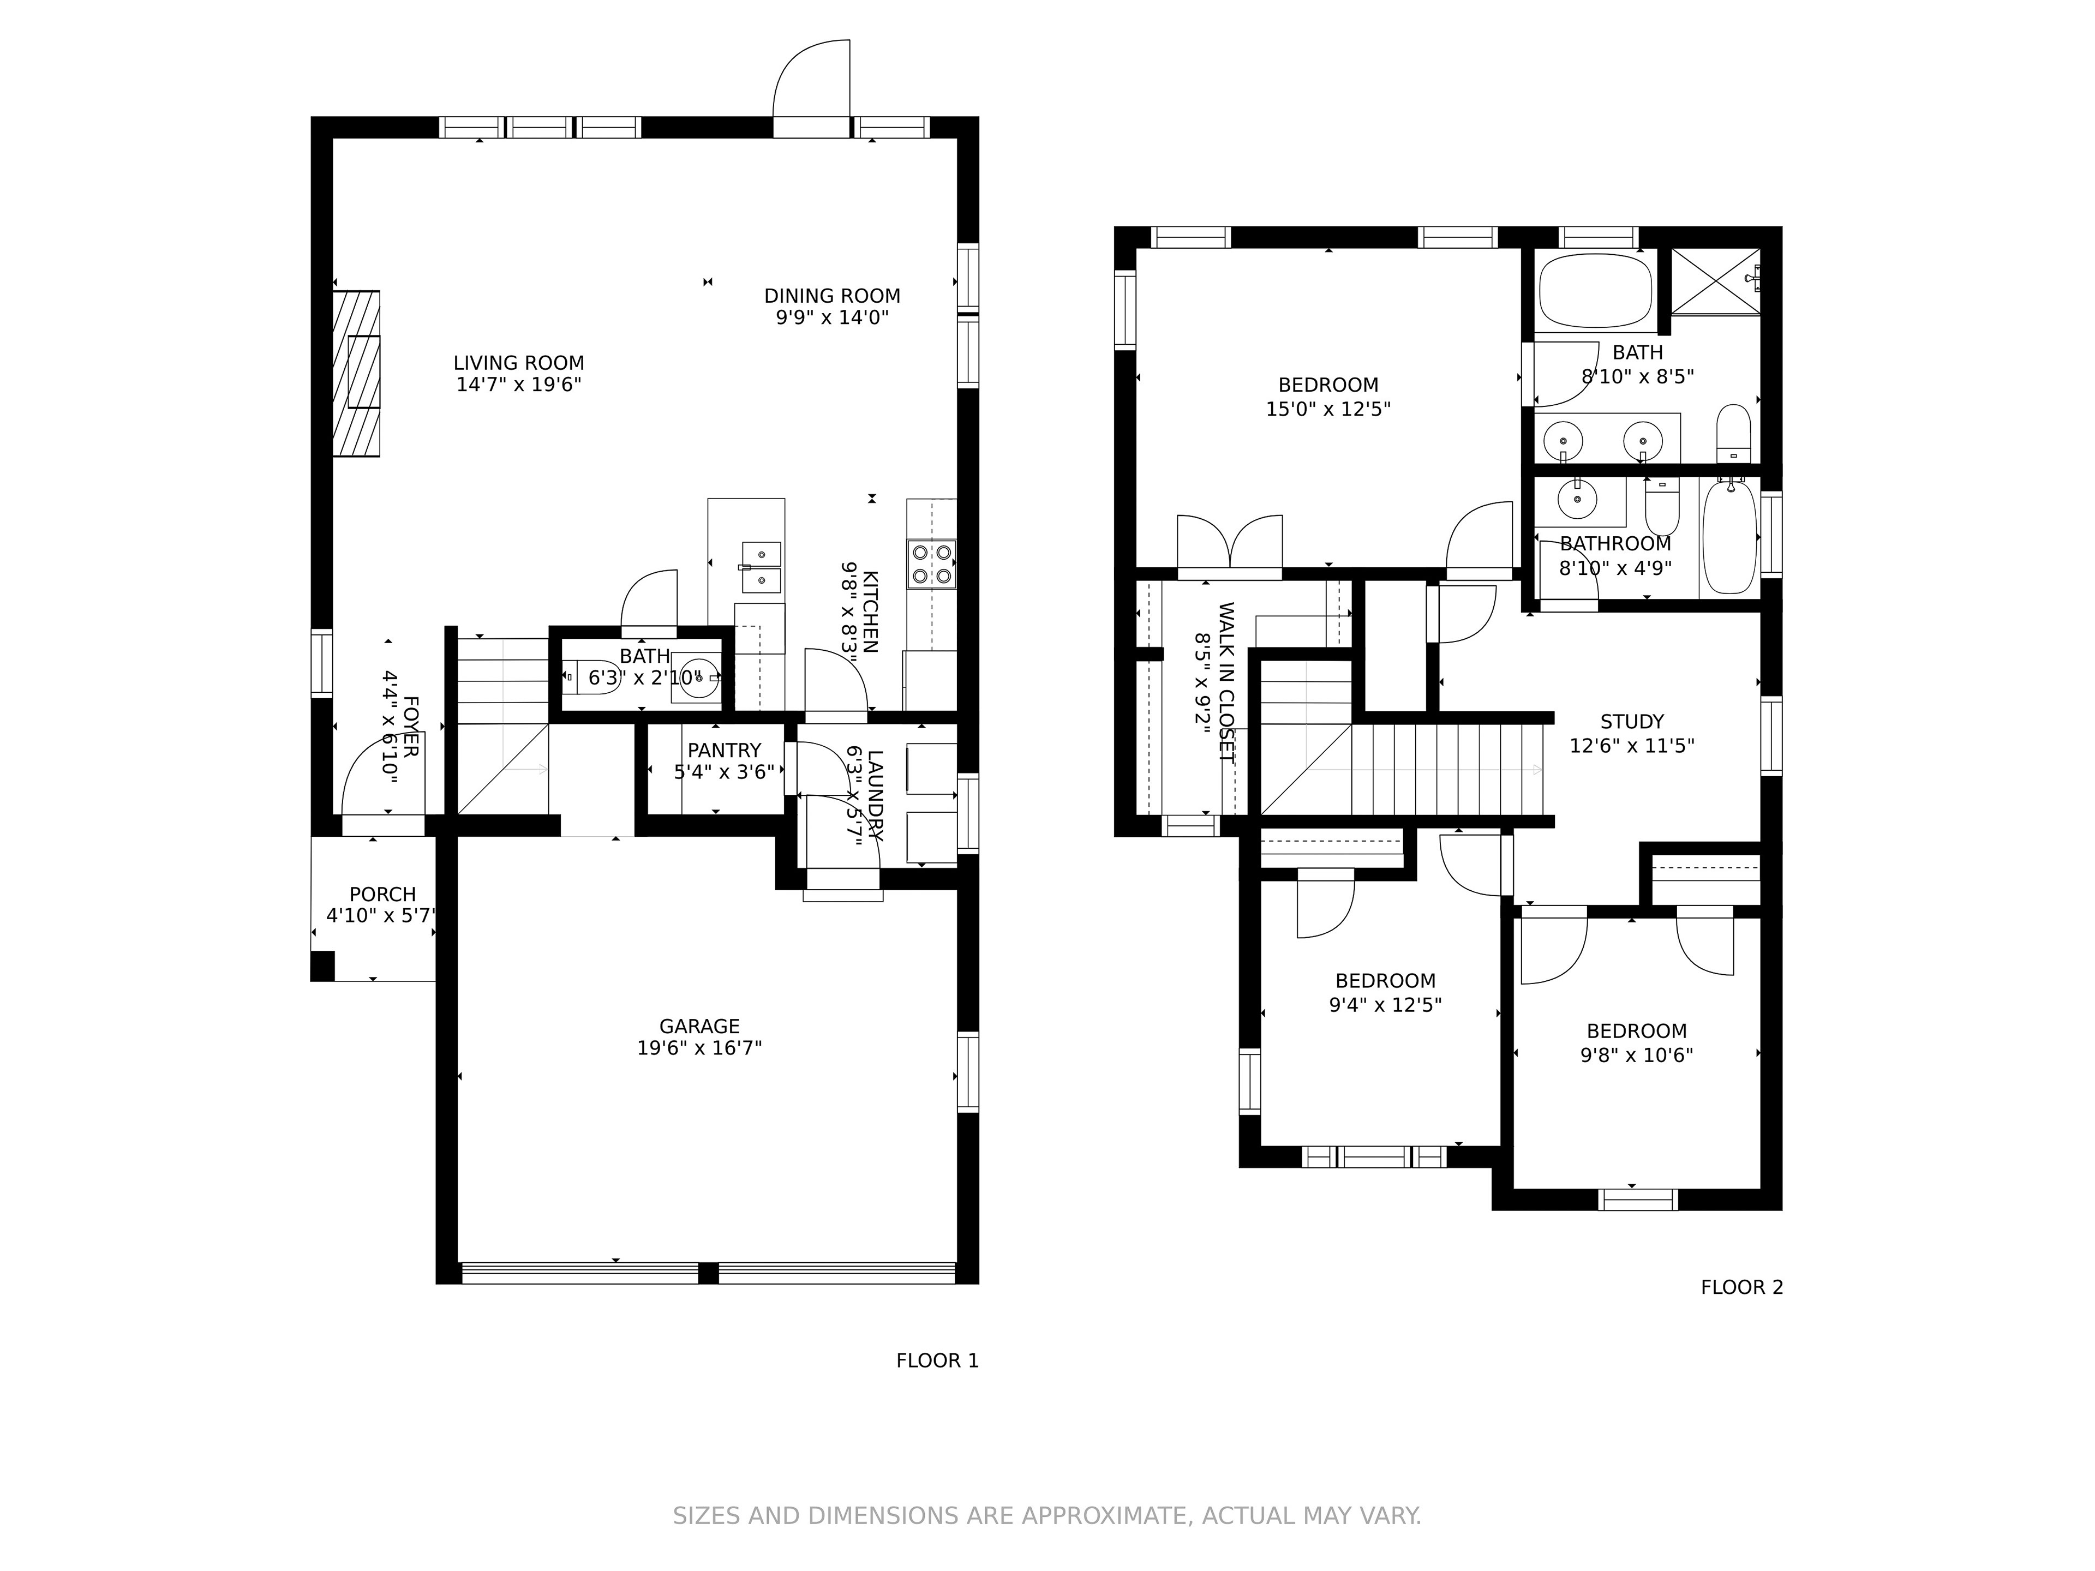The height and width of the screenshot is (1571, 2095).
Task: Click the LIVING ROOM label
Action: [518, 363]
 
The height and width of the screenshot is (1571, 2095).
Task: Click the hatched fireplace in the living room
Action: [356, 373]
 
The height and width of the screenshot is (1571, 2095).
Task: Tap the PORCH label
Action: [382, 895]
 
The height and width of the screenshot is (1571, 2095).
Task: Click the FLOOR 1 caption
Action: [938, 1361]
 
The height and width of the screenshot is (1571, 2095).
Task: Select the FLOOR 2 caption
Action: [1741, 1288]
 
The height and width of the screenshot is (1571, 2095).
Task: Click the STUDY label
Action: [1632, 722]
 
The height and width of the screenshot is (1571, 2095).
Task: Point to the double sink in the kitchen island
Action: [762, 567]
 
